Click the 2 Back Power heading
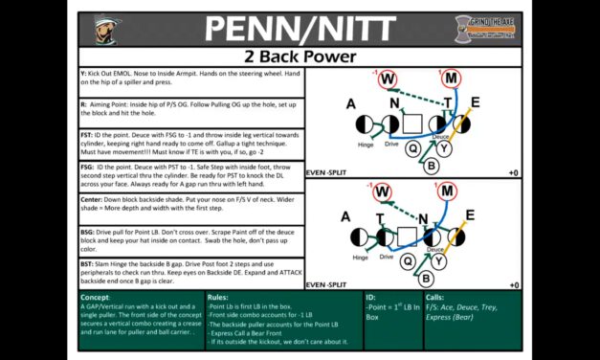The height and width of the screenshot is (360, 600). [x=300, y=56]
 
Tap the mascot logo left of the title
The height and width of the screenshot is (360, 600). [x=114, y=28]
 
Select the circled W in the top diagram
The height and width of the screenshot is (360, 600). [x=389, y=79]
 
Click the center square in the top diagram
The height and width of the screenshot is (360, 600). [x=412, y=123]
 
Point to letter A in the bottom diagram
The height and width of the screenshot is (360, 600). [x=351, y=216]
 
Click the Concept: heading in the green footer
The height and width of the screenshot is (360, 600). [x=104, y=298]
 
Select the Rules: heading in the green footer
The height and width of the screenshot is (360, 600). [x=218, y=298]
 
